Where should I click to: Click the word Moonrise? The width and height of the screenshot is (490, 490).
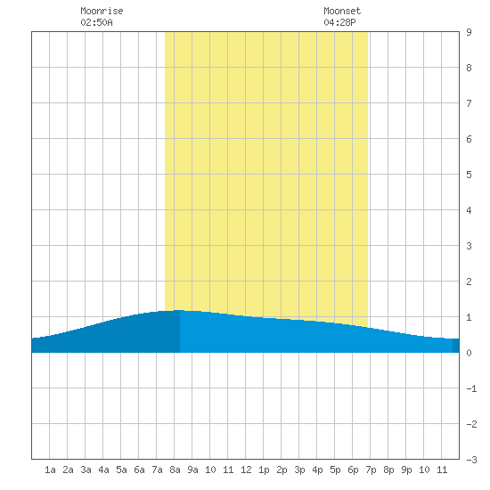point(102,11)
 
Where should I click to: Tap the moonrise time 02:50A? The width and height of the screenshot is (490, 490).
point(96,22)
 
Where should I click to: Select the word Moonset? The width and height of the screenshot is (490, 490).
point(342,11)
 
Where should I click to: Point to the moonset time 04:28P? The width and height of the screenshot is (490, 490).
point(339,22)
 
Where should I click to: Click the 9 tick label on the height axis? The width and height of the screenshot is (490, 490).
point(469,32)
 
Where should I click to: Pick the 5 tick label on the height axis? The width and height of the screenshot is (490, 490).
point(469,175)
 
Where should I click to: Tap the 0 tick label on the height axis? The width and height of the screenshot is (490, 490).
point(469,353)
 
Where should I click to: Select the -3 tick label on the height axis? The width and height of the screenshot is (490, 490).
point(471,460)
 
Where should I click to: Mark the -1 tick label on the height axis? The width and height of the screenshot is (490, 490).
point(471,388)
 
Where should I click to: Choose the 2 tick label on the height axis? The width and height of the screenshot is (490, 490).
point(469,282)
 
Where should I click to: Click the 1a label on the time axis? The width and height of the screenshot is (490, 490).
point(50,470)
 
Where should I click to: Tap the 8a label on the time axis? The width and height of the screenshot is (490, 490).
point(175,470)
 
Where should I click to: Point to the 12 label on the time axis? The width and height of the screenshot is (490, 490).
point(246,470)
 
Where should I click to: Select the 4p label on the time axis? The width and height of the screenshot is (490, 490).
point(317,470)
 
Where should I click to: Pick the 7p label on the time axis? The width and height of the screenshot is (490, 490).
point(371,470)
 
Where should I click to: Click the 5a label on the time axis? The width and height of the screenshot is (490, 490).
point(121,470)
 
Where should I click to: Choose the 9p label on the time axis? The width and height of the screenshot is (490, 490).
point(406,470)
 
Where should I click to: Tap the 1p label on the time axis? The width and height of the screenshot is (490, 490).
point(264,470)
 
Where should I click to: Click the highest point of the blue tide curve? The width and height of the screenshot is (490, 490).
point(179,310)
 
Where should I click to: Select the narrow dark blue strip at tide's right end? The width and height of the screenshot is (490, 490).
point(456,346)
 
